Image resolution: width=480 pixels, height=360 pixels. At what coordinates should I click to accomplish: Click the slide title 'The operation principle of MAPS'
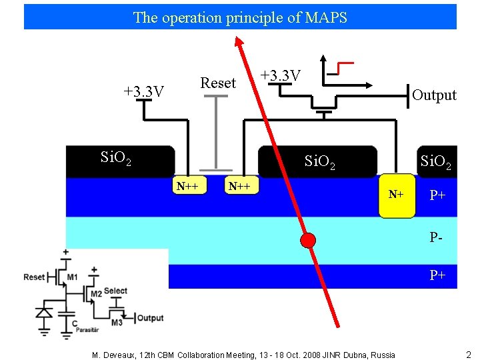click(240, 17)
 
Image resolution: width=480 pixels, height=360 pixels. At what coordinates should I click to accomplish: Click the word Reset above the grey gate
click(218, 83)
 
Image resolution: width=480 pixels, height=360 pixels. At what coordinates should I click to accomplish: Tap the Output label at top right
click(434, 95)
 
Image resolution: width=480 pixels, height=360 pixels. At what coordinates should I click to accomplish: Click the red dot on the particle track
click(307, 241)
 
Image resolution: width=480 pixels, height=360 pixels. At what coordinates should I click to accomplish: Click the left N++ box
click(187, 186)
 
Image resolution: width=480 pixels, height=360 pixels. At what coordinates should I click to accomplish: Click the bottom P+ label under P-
click(437, 275)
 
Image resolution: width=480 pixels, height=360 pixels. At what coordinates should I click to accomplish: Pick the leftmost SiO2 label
click(115, 158)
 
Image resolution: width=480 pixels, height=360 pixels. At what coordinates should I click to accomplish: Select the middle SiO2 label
click(319, 161)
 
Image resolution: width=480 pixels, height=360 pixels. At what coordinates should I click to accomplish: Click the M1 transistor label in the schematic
click(72, 277)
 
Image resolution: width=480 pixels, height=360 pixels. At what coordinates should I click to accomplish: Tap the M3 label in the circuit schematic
click(117, 323)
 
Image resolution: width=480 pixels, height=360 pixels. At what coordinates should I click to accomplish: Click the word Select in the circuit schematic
click(116, 291)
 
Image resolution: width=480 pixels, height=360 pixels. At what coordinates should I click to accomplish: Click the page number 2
click(468, 354)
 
